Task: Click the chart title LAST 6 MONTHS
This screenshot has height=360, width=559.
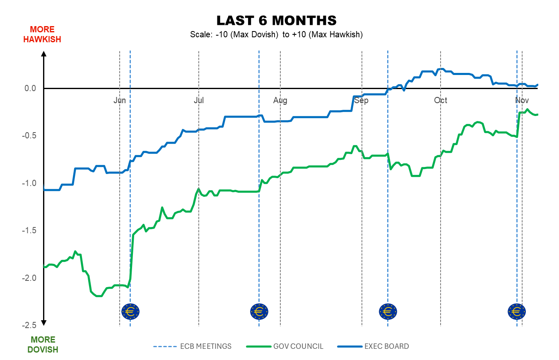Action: point(276,20)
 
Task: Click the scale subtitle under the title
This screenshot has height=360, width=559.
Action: point(276,35)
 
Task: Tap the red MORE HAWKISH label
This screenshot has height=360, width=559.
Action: point(42,34)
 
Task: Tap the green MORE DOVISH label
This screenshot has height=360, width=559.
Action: point(43,345)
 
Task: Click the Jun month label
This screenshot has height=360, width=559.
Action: point(120,100)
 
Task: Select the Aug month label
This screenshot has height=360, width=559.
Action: point(280,100)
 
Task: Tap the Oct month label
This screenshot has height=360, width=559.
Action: point(441,100)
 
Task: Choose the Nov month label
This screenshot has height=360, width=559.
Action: point(522,100)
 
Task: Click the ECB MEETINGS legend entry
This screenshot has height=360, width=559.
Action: point(193,346)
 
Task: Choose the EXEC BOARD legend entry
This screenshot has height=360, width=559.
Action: point(373,346)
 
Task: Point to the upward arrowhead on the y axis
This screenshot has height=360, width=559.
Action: point(44,53)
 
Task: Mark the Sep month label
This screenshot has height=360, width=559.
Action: point(361,100)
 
